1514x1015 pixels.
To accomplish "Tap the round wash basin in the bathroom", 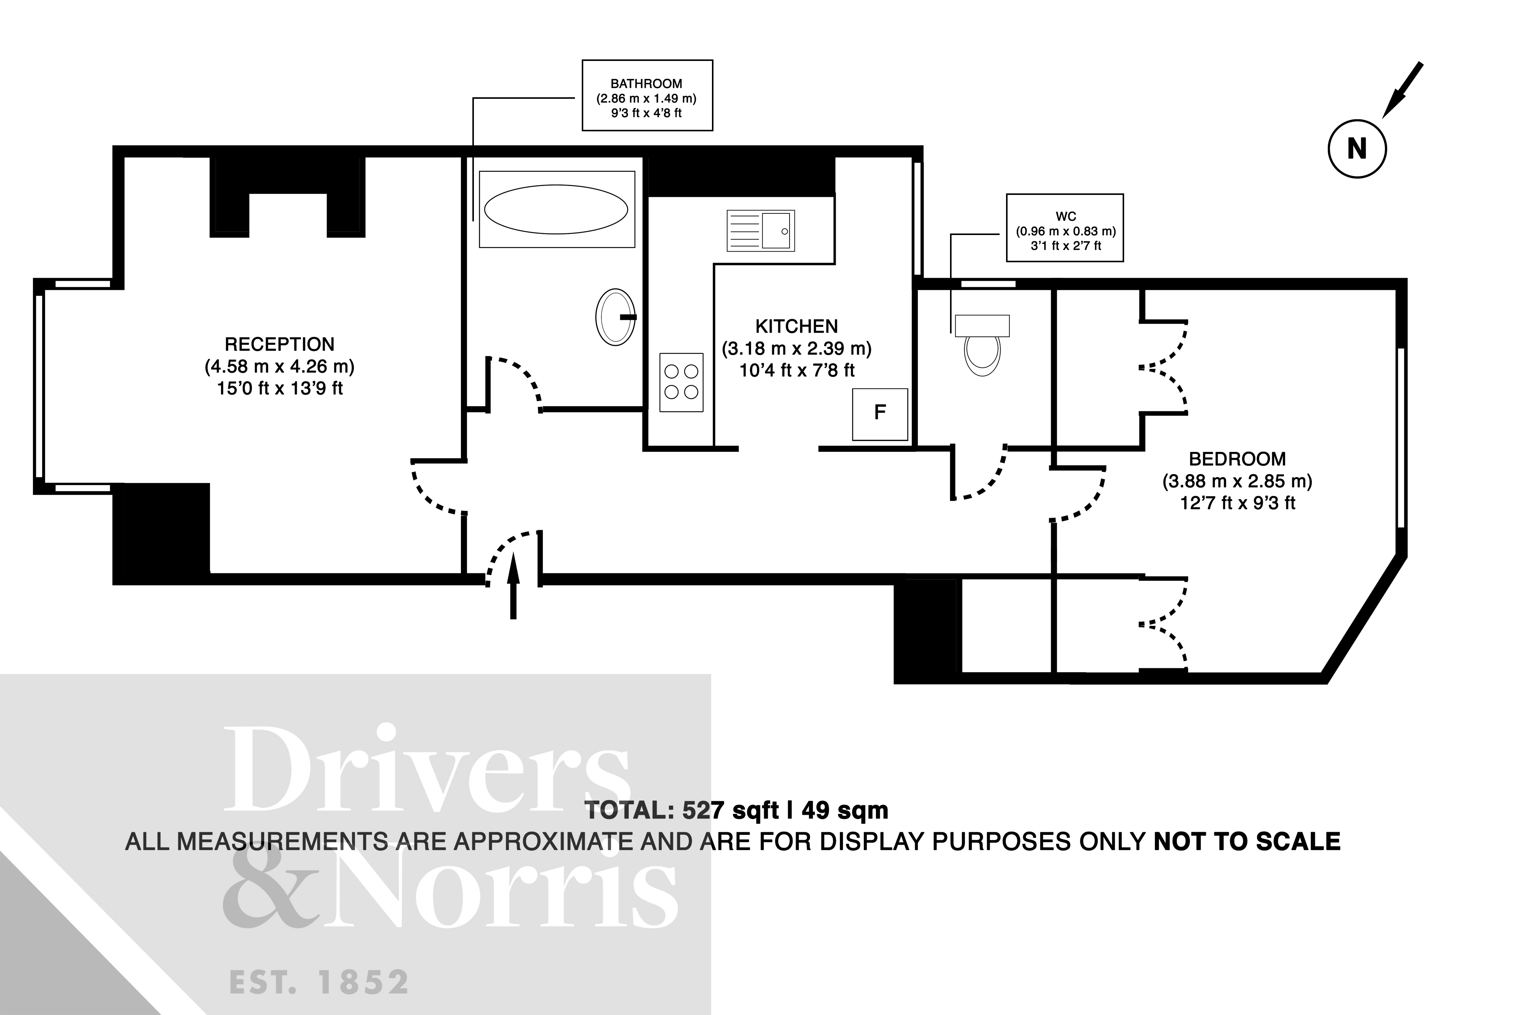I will click(615, 317).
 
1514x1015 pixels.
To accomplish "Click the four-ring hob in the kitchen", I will click(681, 382).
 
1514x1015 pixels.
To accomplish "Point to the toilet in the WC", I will click(982, 346).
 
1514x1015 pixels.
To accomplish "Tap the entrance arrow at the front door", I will click(513, 586).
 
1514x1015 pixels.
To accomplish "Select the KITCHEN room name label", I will click(796, 326).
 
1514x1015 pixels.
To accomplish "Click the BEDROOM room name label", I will click(1237, 459).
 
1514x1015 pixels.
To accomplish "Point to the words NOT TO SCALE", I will click(1247, 842).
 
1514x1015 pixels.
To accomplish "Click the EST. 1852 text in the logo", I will click(319, 982).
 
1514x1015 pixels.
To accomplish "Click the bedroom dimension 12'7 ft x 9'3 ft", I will click(1237, 503).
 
